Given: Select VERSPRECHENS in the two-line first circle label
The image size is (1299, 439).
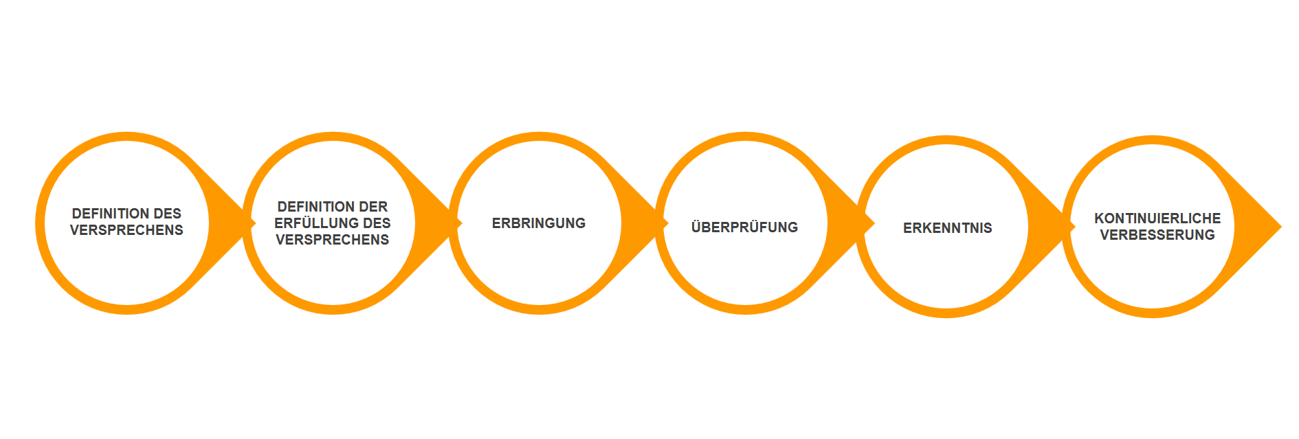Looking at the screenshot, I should [126, 230].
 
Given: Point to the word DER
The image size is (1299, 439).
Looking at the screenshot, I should [373, 207].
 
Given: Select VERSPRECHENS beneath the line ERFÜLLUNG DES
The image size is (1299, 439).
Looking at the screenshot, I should [333, 240].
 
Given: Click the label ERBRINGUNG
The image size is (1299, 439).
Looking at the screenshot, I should [539, 223].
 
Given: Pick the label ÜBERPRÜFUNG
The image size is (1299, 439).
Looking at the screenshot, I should [744, 227].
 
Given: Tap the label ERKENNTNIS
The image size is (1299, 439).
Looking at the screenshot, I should [947, 228].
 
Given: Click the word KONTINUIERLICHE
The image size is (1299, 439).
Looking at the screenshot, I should [1157, 218].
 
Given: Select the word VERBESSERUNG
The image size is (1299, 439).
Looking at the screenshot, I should [1157, 235].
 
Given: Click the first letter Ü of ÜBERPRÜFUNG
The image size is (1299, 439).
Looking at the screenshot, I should [696, 227].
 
